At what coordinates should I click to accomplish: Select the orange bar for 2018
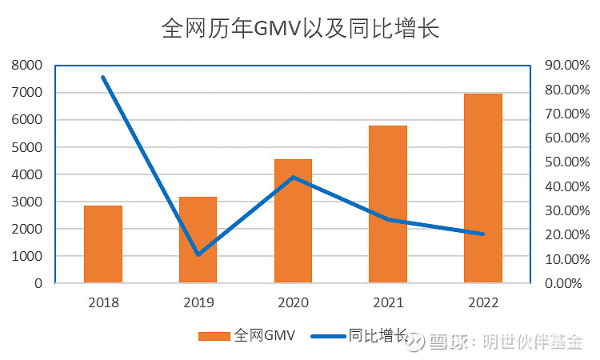(103, 244)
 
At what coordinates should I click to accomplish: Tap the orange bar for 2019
(198, 239)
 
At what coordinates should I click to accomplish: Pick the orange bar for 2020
(293, 221)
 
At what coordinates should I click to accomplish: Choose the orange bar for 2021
(388, 204)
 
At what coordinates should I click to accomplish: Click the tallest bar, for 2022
(483, 188)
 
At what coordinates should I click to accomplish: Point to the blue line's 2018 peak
(103, 78)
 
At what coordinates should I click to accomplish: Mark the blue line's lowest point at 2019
(198, 254)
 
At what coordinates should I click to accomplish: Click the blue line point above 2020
(293, 178)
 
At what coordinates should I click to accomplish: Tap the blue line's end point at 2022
(482, 234)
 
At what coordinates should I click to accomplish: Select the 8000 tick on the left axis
(28, 66)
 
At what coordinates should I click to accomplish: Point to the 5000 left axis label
(28, 147)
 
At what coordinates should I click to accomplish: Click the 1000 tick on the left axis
(28, 256)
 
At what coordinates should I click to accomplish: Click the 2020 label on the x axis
(293, 303)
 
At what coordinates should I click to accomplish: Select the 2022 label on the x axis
(483, 303)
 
